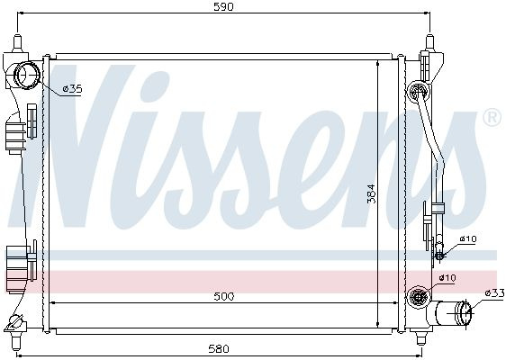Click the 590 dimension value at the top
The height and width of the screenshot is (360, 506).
pyautogui.click(x=223, y=7)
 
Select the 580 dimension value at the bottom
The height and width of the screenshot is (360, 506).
pyautogui.click(x=219, y=348)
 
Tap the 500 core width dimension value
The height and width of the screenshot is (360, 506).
pyautogui.click(x=224, y=296)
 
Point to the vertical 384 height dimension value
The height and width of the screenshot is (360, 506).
pyautogui.click(x=372, y=193)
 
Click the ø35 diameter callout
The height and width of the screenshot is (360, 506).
pyautogui.click(x=73, y=88)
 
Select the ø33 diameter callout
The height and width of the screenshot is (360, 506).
pyautogui.click(x=494, y=293)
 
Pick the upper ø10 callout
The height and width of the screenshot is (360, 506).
pyautogui.click(x=468, y=239)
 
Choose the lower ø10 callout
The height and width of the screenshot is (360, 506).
pyautogui.click(x=447, y=278)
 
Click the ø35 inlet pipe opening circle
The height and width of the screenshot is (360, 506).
pyautogui.click(x=28, y=75)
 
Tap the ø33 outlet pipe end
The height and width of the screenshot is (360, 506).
pyautogui.click(x=464, y=312)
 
